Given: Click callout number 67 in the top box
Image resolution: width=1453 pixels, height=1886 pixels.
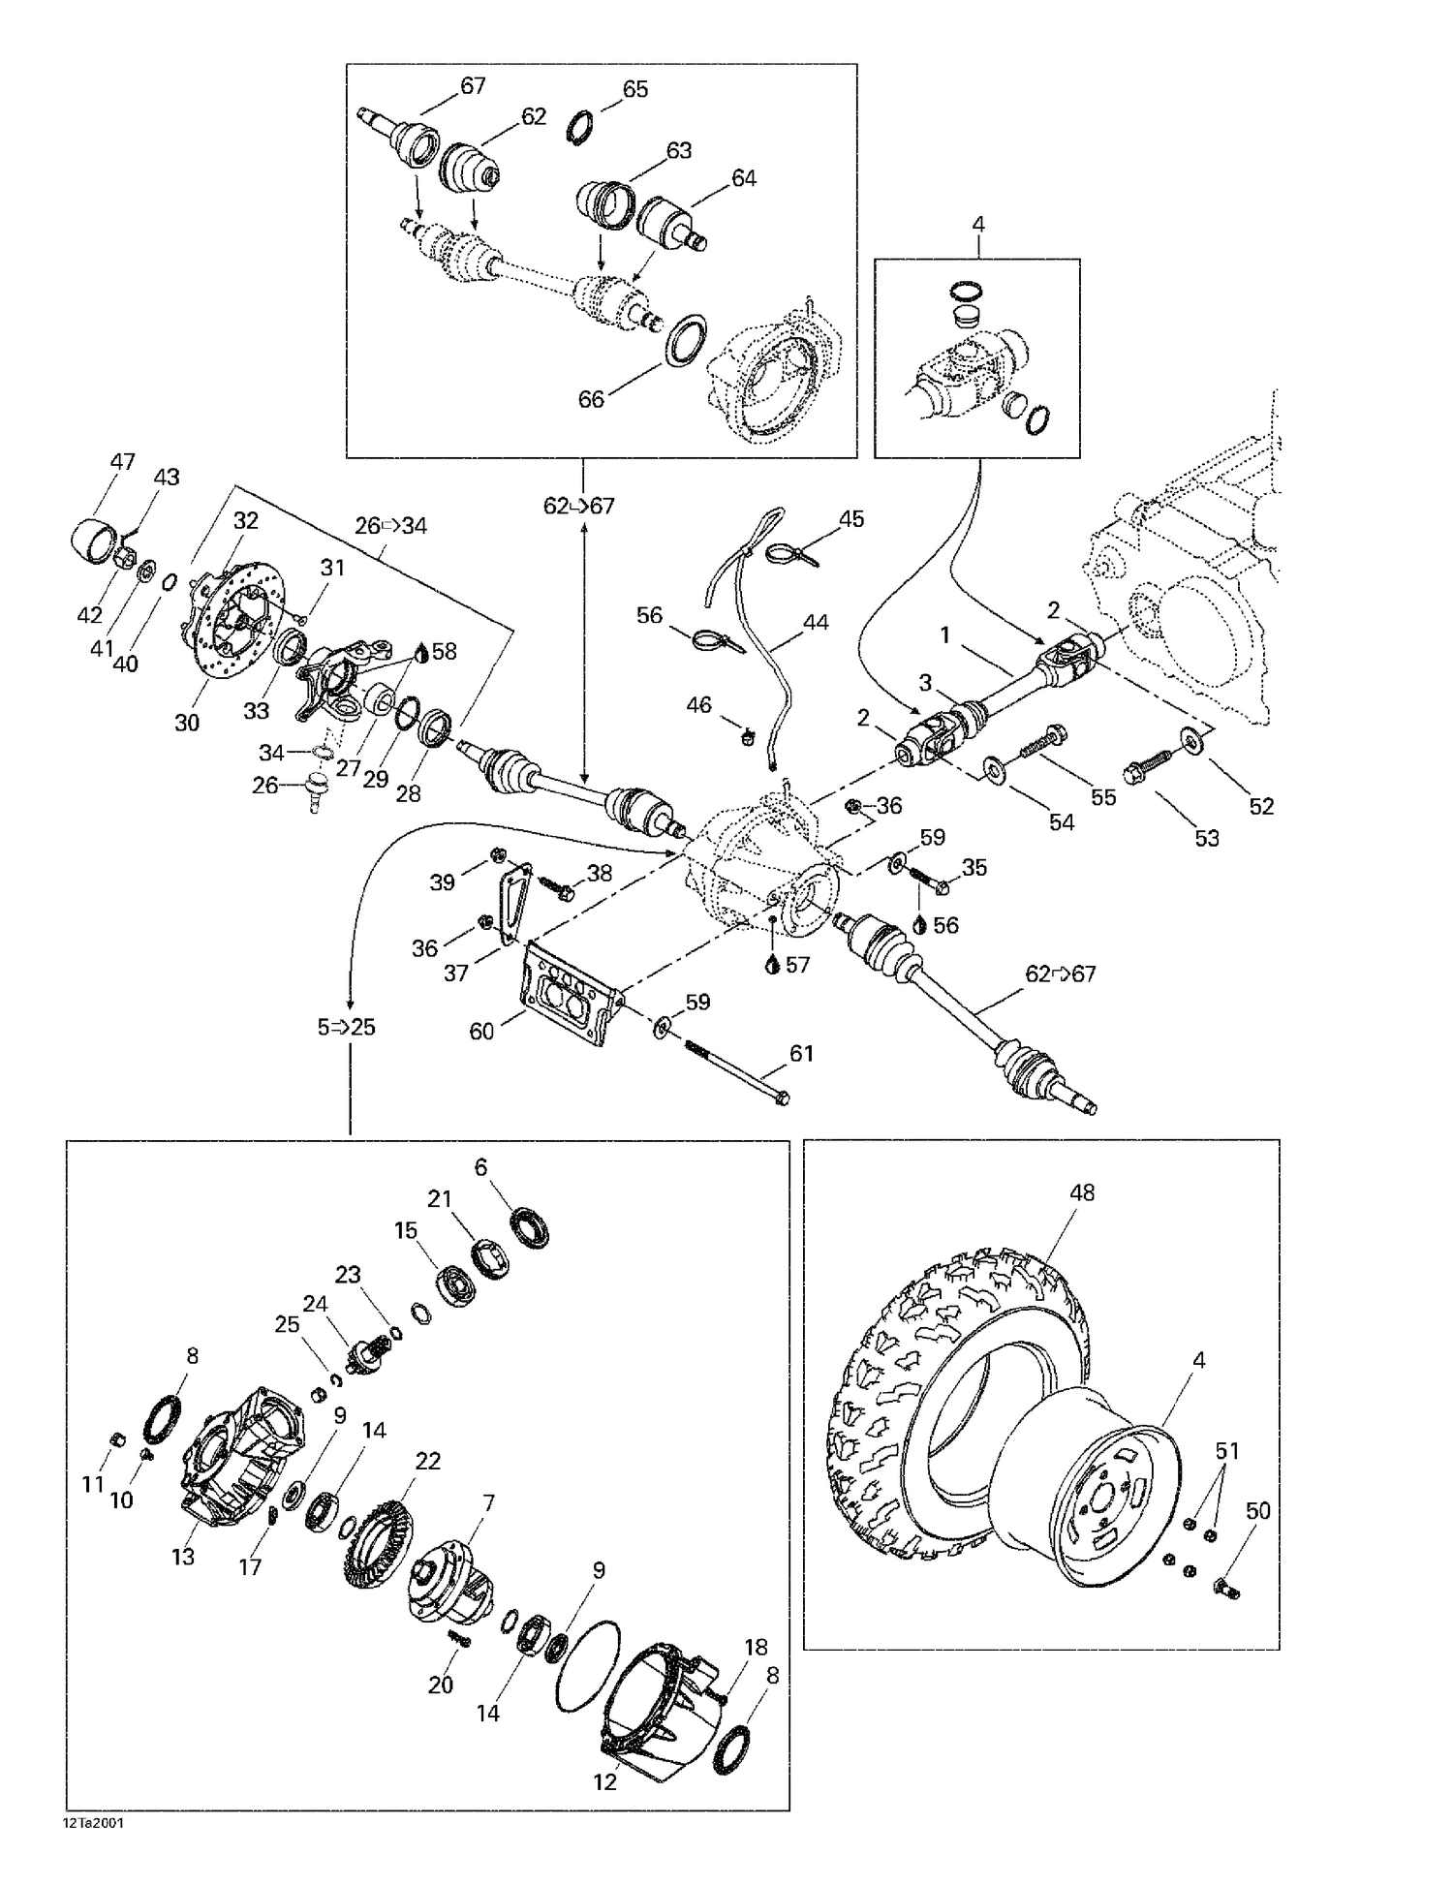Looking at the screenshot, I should pos(473,86).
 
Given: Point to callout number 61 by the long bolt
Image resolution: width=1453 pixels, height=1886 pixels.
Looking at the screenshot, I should pos(801,1053).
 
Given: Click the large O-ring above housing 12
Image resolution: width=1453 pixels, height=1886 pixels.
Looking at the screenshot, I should pos(588,1666).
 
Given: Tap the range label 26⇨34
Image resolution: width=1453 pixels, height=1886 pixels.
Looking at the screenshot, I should pos(390,526).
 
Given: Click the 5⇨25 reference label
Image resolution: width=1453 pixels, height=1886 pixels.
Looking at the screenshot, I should pos(346,1027).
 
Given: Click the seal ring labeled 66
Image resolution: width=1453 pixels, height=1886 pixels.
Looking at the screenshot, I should pos(685,340).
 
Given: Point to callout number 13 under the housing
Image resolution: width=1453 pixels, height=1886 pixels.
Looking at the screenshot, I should pos(183,1557).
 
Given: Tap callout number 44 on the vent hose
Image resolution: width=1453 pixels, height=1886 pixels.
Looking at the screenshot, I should pos(816,622).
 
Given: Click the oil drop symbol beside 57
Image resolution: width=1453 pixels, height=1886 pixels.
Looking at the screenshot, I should pos(772,965).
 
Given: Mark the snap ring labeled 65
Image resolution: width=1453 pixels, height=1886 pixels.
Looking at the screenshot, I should pos(578,128).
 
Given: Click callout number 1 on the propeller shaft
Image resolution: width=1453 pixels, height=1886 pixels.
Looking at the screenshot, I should pos(945,635).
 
